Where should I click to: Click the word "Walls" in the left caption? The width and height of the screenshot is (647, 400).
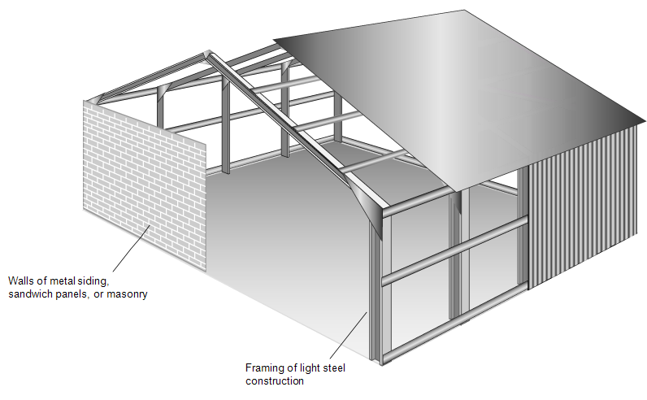pos(20,281)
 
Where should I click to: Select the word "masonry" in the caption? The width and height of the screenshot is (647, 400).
pos(128,294)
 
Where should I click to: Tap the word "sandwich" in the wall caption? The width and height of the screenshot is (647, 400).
pos(30,294)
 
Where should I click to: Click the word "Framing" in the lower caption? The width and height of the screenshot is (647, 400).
pos(263,367)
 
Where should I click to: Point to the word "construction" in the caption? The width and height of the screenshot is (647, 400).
pos(274,380)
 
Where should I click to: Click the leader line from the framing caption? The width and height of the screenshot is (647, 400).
pos(354,334)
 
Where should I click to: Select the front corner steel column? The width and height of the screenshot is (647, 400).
pos(375,293)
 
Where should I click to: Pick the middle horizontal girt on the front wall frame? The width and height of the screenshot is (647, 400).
pos(455,252)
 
